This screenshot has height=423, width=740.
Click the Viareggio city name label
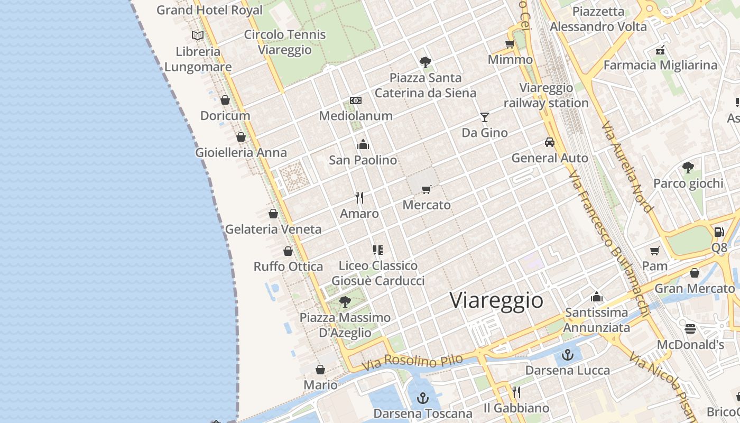coord(496,300)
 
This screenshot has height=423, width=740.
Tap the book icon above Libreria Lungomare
coord(198,35)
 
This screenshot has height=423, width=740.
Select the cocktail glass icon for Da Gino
coord(485,117)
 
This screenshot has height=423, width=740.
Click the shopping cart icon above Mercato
coord(427,189)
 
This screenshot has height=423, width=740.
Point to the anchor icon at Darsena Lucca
coord(568,355)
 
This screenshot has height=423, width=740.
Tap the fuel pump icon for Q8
coord(719,232)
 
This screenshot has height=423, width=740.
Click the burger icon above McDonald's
coord(690,329)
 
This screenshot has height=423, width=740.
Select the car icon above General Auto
coord(550,142)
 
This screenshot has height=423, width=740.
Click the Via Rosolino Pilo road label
coord(412,363)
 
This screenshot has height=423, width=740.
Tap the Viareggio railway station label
coord(546,95)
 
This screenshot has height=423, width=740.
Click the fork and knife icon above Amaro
coord(359,198)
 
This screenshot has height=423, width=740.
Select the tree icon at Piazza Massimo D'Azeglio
coord(345,302)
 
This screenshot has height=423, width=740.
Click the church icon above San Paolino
coord(363,144)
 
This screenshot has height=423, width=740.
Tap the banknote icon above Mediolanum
coord(356,100)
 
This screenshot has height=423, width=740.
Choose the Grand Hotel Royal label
coord(209,10)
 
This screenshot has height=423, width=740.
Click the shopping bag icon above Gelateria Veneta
coord(273,214)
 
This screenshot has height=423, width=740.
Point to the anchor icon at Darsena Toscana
coord(423,398)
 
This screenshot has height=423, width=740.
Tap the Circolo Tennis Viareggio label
coord(285,42)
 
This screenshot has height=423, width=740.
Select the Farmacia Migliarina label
coord(660,65)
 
